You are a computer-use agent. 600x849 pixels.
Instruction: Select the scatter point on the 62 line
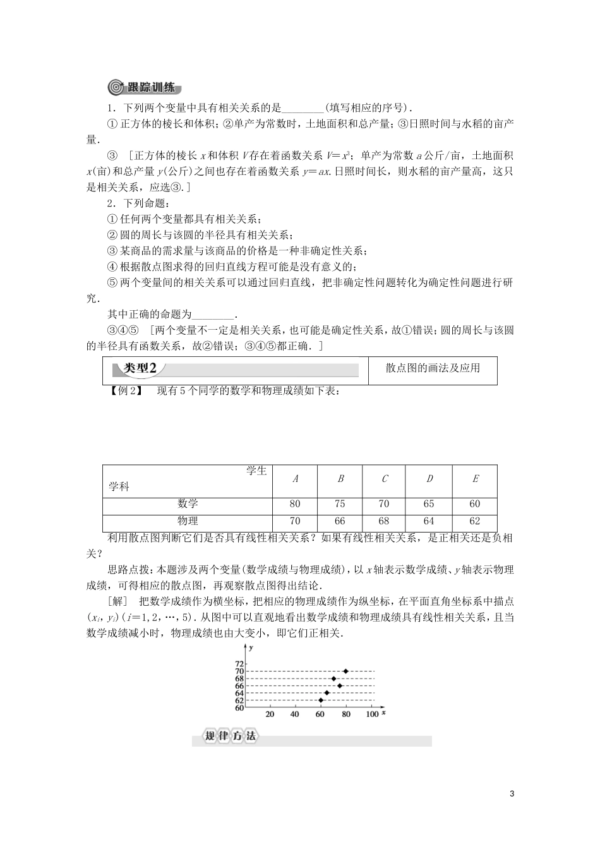coord(321,700)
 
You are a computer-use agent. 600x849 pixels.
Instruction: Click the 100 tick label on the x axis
coord(372,714)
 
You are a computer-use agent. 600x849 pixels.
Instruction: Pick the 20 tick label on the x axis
coord(270,714)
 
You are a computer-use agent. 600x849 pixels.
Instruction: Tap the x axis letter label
coord(384,713)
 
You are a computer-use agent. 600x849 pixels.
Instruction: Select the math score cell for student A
coord(295,504)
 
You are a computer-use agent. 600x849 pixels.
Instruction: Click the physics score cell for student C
coord(384,521)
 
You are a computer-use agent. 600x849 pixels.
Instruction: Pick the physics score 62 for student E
coord(475,521)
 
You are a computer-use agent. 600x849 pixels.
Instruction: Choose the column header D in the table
coord(429,479)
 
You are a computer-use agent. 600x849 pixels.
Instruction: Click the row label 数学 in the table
coord(188,504)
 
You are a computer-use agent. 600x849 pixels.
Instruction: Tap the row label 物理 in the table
coord(188,521)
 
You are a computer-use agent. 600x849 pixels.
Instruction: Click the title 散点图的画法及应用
coord(433,368)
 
